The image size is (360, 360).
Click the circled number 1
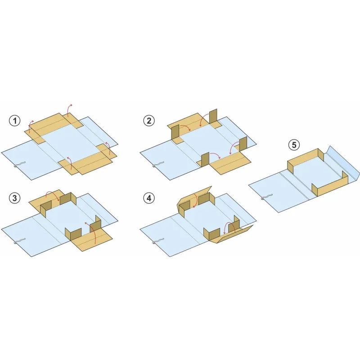coord(15,121)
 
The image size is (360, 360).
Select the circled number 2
coord(149,121)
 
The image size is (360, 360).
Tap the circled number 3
coord(15,198)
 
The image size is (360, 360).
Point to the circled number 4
coord(149,198)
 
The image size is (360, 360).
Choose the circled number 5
coord(294,145)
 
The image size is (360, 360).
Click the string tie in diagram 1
coord(19,165)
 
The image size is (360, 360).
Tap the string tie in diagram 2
coord(157,165)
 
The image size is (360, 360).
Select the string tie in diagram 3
coord(19,241)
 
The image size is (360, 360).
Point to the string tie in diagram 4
coord(157,241)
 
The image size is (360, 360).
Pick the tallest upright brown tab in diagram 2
coord(213,117)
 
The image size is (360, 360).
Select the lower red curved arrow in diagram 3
coord(93,229)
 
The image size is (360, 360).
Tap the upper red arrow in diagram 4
coord(195,200)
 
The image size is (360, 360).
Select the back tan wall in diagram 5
coord(306,159)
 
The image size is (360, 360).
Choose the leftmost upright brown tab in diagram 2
coord(175,132)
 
